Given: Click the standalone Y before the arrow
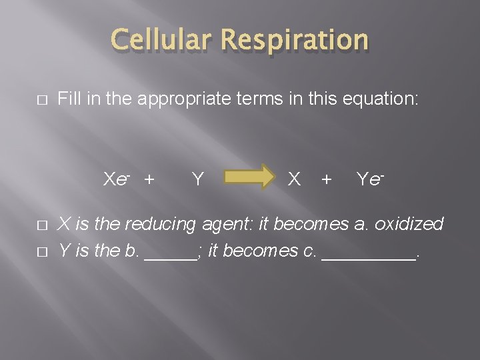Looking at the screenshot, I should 197,179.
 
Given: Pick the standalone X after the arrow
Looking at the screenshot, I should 293,179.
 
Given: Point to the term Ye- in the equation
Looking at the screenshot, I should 371,179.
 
